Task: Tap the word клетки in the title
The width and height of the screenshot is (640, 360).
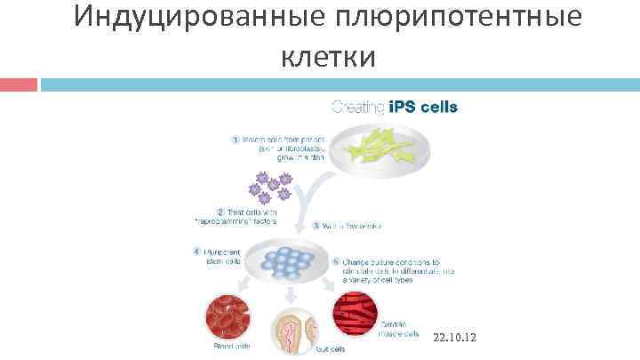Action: click(329, 57)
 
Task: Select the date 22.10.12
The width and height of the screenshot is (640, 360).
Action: click(455, 339)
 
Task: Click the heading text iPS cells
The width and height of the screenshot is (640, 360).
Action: click(424, 108)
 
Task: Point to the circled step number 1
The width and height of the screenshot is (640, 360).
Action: click(236, 139)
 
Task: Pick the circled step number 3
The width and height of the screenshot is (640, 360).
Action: click(316, 227)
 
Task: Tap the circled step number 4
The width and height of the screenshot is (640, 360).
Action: click(196, 251)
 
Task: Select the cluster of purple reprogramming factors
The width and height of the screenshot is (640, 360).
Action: click(270, 187)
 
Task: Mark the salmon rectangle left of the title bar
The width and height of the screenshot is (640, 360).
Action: click(19, 84)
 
